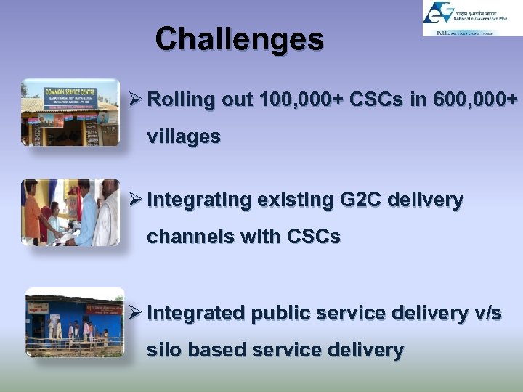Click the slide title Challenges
[x=239, y=39]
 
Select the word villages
[x=184, y=136]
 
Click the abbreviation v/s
[x=487, y=314]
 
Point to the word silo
[x=165, y=350]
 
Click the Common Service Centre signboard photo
[x=70, y=113]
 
